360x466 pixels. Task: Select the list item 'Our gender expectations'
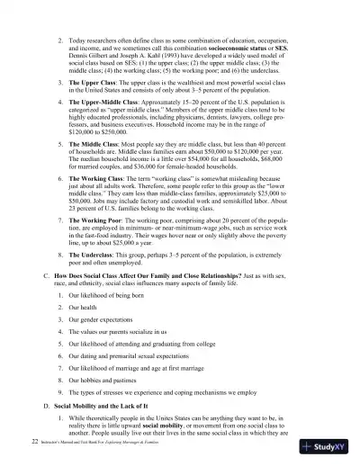tap(104, 320)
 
